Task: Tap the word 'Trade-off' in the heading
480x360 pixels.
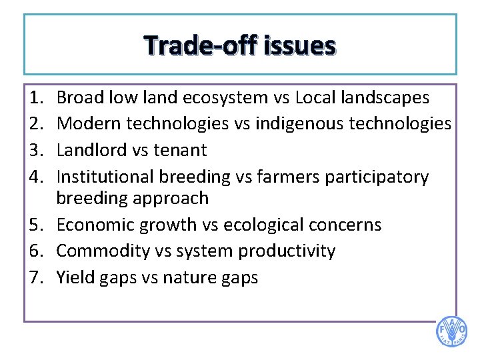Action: coord(201,46)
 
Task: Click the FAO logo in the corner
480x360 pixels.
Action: coord(451,331)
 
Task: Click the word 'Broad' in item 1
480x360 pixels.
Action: coord(78,98)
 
